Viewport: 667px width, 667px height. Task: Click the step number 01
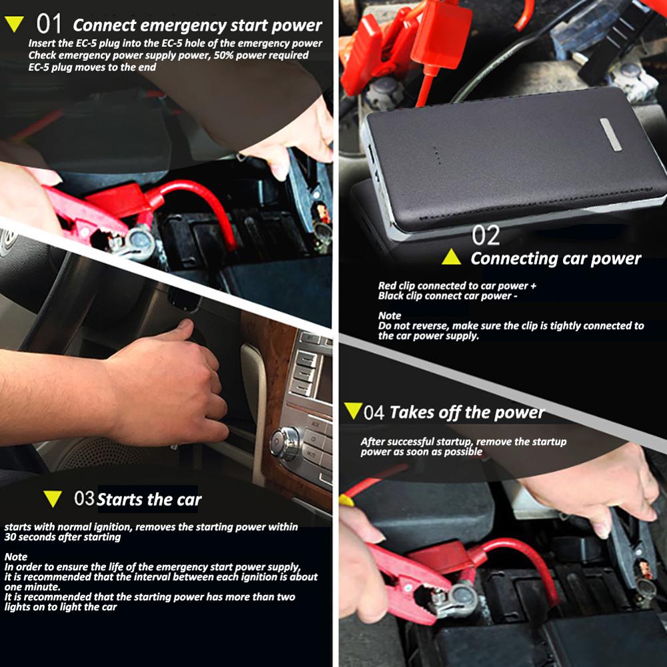(49, 25)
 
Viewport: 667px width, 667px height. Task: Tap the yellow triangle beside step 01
(14, 25)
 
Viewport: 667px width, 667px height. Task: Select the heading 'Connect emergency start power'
(197, 26)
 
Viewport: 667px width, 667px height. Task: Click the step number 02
(486, 235)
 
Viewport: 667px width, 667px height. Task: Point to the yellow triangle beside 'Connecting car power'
(452, 257)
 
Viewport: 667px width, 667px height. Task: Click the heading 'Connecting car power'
(556, 259)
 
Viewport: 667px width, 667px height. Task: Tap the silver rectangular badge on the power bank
(610, 134)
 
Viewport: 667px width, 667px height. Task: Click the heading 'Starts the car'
(149, 500)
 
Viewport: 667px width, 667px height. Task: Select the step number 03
(84, 499)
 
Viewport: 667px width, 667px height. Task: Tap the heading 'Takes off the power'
(467, 412)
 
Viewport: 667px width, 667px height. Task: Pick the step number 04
(374, 412)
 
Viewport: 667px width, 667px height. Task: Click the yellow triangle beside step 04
(353, 411)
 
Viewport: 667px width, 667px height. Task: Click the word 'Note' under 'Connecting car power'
(390, 315)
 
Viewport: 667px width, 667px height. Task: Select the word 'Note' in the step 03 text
(15, 556)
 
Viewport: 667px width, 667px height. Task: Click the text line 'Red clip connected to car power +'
(457, 286)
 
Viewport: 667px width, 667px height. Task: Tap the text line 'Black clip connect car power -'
(448, 296)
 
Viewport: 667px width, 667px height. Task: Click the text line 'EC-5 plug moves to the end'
(92, 67)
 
